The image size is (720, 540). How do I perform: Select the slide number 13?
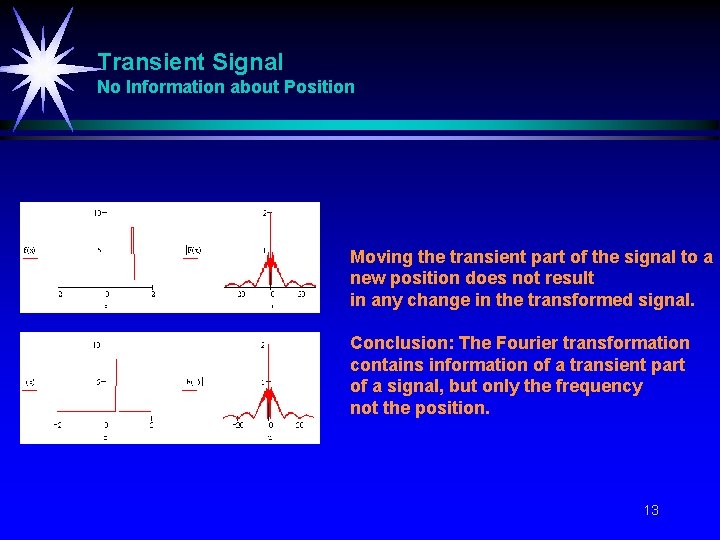coord(651,510)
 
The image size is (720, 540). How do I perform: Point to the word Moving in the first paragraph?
coord(379,257)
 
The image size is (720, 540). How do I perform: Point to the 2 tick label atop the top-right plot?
coord(264,213)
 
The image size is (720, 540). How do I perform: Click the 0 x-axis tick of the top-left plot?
coord(106,295)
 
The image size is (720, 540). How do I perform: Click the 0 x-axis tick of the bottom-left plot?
coord(105,426)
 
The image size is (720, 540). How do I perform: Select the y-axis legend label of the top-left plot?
coord(29,250)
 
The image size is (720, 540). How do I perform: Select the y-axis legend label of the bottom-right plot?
coord(193,382)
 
